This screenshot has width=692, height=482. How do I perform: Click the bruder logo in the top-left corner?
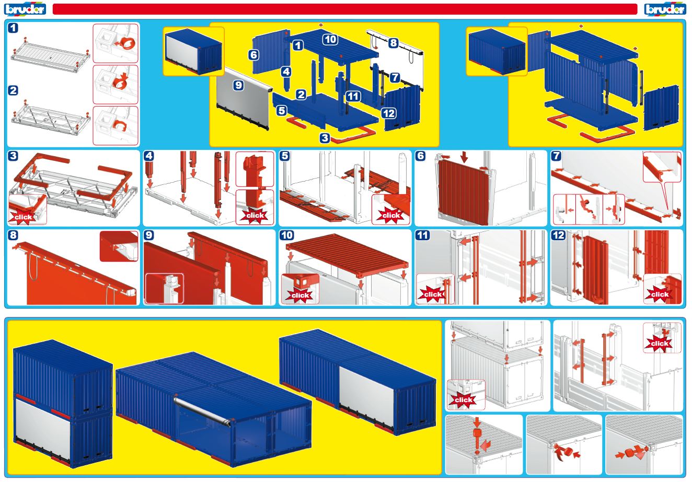click(25, 9)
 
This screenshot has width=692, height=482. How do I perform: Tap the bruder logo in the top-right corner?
click(665, 9)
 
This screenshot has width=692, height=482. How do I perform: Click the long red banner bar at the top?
click(345, 9)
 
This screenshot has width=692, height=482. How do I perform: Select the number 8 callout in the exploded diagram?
click(393, 43)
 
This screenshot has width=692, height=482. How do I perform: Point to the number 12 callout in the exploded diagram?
click(389, 113)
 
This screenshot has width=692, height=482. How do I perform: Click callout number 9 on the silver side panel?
click(238, 85)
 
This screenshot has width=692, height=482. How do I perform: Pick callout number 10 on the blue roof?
click(330, 39)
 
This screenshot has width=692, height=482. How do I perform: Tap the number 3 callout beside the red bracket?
click(325, 138)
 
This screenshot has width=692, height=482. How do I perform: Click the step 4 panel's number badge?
click(149, 156)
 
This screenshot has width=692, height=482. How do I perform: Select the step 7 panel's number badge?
click(557, 156)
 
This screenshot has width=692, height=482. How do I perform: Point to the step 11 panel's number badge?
click(422, 236)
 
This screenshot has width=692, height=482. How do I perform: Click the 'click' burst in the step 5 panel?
click(391, 215)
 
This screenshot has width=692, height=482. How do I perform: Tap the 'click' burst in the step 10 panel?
click(300, 295)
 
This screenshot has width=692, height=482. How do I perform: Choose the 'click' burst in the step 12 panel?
click(660, 294)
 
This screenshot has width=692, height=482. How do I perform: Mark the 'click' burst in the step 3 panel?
click(23, 217)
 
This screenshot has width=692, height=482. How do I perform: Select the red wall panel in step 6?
click(464, 191)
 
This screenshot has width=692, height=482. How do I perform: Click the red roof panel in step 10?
click(348, 255)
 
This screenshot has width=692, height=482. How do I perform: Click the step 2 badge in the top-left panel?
click(13, 91)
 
